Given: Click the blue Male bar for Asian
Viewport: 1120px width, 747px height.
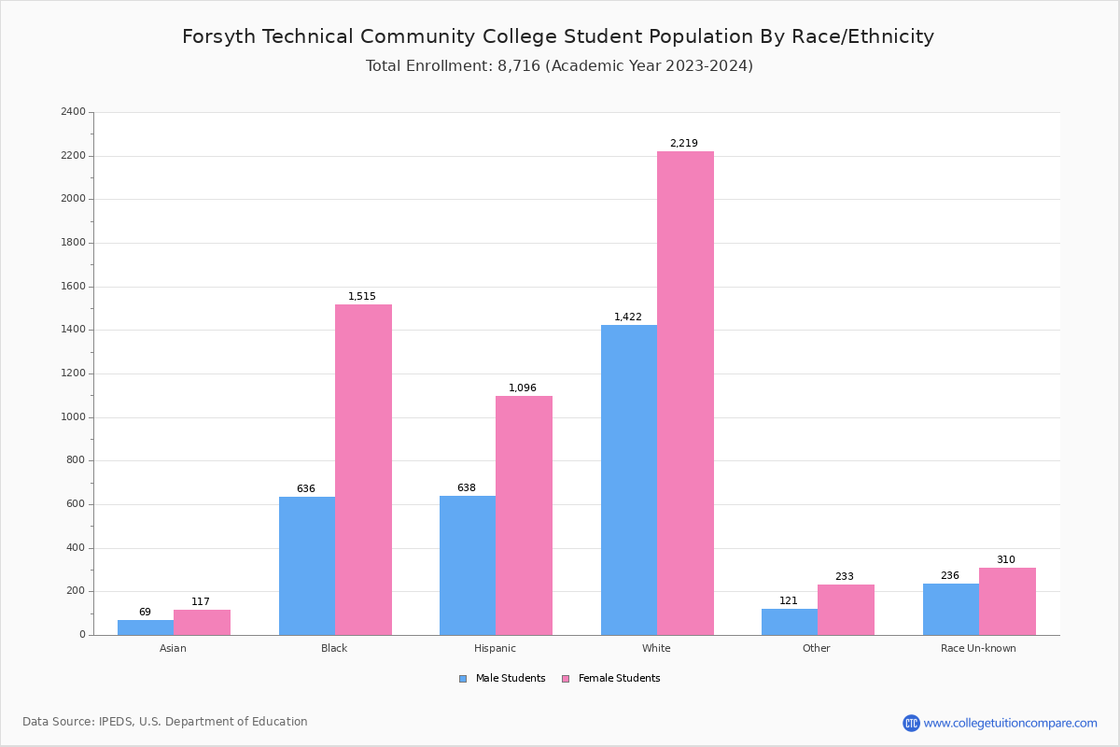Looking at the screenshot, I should tap(146, 627).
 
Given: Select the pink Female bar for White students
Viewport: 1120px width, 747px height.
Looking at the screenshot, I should tap(685, 393).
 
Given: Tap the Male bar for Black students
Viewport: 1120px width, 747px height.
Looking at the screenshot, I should tap(307, 566).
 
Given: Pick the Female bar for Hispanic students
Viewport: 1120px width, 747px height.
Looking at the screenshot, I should tap(524, 515).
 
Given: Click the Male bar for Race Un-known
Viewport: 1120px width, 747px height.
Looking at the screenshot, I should tap(951, 609).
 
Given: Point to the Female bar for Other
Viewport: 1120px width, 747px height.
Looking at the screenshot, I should tap(846, 610).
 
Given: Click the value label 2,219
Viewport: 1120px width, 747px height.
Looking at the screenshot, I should tap(683, 144).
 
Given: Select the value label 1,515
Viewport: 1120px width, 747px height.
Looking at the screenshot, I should tap(362, 297).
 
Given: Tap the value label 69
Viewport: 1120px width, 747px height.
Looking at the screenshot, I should tap(145, 613).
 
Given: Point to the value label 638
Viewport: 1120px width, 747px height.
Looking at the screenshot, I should tap(467, 488).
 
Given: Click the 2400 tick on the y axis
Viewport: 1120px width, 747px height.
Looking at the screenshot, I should tap(73, 112).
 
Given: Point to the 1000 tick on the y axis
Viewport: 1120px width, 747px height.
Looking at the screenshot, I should tap(73, 417).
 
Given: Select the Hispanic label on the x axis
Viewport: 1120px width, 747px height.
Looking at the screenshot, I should tap(495, 648).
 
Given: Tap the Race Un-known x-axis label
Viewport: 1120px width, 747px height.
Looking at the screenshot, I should tap(978, 648).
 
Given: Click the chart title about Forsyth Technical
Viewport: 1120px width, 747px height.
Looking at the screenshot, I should tap(558, 37).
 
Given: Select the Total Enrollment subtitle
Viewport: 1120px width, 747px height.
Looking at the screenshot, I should tap(559, 66).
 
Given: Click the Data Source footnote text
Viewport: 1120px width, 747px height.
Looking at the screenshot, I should tap(165, 722).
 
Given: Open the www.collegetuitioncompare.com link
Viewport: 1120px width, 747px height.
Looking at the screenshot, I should tap(1010, 723).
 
